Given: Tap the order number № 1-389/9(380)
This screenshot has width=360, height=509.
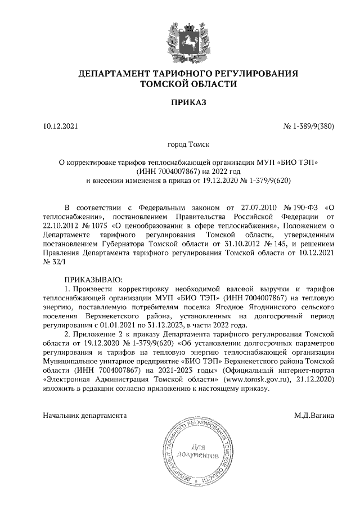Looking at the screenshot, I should click(308, 127).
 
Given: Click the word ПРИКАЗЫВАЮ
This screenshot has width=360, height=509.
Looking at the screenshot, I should click(93, 278).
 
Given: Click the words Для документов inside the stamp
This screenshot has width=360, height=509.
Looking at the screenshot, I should click(196, 450).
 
